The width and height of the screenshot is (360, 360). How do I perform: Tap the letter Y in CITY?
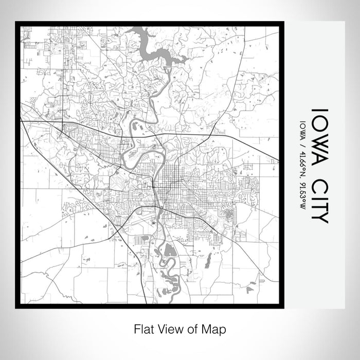(319, 218)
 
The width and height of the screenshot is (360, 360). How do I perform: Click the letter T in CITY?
(319, 204)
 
